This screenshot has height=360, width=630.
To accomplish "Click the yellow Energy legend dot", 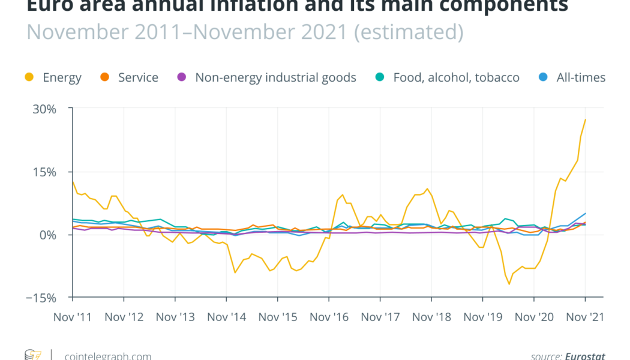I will click(x=28, y=77).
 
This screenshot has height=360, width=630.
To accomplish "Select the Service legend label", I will click(x=138, y=77).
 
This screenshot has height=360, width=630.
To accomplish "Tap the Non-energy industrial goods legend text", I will click(x=275, y=77).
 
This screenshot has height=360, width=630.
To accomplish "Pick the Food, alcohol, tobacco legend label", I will click(x=456, y=77).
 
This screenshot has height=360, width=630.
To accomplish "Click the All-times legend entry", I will click(x=581, y=77).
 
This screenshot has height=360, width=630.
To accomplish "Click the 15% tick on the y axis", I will click(x=45, y=172).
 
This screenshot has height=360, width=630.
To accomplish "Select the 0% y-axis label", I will click(x=49, y=235).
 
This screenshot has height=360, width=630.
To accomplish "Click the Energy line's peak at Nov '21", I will click(x=585, y=120).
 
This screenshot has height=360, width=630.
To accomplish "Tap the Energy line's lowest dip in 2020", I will click(x=509, y=284).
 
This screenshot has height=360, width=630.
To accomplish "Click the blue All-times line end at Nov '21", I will click(x=585, y=214).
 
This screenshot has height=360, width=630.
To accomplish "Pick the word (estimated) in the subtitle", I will click(x=409, y=31).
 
